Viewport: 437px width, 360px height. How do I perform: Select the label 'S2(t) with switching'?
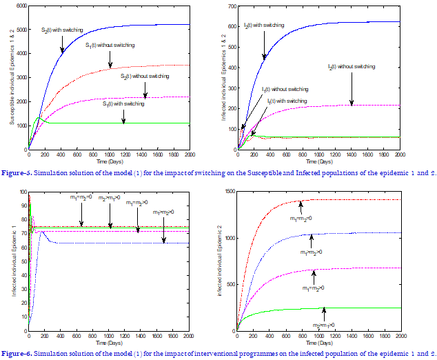click(x=63, y=30)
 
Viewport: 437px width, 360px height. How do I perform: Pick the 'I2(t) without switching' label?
click(x=352, y=67)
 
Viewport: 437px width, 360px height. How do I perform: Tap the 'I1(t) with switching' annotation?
click(x=287, y=101)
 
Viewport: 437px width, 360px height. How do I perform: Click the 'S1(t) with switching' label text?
click(x=123, y=103)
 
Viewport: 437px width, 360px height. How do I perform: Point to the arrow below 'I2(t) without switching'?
click(x=352, y=87)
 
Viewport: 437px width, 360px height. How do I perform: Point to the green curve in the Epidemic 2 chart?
click(x=345, y=308)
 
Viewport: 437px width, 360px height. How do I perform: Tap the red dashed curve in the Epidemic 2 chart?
click(x=345, y=200)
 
